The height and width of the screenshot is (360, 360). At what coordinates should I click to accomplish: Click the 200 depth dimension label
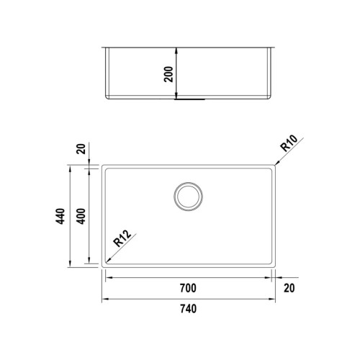(169, 74)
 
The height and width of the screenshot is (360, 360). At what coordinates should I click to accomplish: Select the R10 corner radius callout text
(289, 143)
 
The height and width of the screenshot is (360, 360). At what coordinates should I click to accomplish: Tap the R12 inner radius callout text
(122, 238)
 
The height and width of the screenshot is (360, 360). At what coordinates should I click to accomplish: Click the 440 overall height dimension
(60, 216)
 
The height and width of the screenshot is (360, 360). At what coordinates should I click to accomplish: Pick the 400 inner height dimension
(82, 216)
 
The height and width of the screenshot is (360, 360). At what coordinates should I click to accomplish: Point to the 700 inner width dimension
(188, 288)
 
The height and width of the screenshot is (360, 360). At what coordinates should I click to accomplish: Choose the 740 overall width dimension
(188, 309)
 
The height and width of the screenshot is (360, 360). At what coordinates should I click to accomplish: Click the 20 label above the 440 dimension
(81, 149)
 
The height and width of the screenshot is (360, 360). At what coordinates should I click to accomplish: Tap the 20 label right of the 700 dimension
(289, 288)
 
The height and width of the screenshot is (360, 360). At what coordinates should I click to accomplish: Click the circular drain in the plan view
(189, 182)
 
